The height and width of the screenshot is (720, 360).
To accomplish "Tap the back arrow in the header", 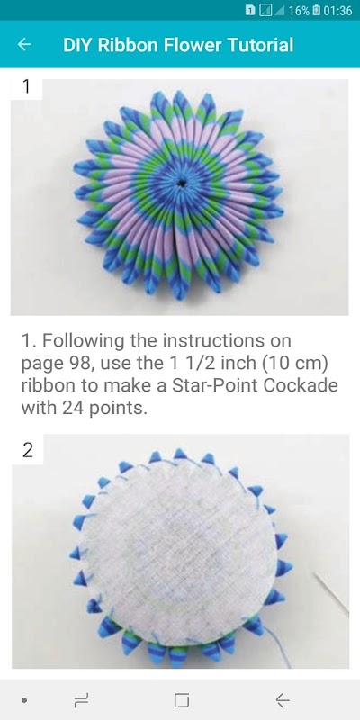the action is point(24,44).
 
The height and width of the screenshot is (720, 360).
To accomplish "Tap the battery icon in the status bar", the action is point(317,11).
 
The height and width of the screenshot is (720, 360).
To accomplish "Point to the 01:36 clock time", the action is point(337,11).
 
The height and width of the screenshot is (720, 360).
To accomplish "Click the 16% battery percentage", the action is point(299,11).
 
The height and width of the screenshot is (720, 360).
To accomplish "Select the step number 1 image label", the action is point(26,87).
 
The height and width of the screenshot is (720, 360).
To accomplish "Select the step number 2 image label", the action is point(28,451).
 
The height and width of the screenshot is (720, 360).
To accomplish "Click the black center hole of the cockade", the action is point(182,183).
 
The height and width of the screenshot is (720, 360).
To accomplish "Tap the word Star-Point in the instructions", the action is point(211,385).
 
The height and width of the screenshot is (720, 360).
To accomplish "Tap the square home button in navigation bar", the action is point(182,700).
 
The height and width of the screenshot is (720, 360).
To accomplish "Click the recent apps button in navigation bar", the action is point(81,700).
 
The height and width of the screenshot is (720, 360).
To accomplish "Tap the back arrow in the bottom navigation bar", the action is point(282,700).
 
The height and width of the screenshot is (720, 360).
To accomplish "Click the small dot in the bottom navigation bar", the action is point(24,700).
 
